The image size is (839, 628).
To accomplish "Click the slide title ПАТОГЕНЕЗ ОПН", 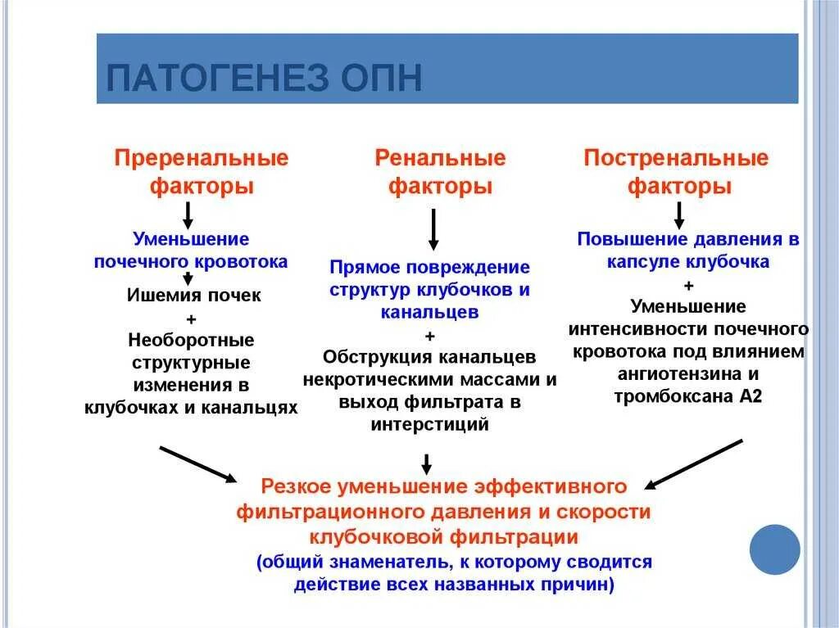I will coord(265,79).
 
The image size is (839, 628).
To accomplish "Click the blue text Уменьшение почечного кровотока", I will coord(191,251).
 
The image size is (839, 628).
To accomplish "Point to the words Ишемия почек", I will coord(194,296).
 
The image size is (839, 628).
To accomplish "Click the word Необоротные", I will coord(192,339).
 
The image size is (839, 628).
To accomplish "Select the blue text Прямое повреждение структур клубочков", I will coord(430,278).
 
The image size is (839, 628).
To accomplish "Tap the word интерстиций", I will coord(429,424).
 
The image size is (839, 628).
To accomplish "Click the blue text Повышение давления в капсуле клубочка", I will coord(688,251).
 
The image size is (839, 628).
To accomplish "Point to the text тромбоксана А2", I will coord(688,395).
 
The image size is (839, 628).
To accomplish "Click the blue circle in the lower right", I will coord(774,549).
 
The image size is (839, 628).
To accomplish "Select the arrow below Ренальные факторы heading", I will coord(433,229).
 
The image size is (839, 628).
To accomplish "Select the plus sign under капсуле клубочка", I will coord(688,285).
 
